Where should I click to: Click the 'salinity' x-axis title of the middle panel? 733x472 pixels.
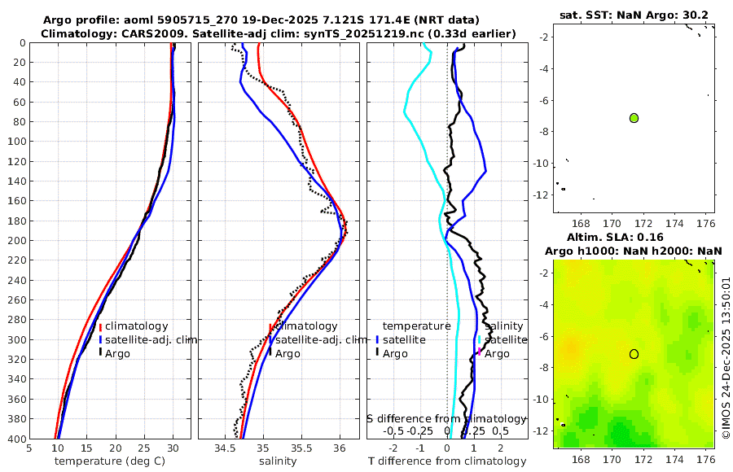[277, 461]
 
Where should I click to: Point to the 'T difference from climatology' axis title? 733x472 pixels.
[446, 461]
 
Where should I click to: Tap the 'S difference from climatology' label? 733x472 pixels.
[446, 418]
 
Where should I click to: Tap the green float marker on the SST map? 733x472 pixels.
[634, 118]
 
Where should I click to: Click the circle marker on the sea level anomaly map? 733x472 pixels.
[634, 354]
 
